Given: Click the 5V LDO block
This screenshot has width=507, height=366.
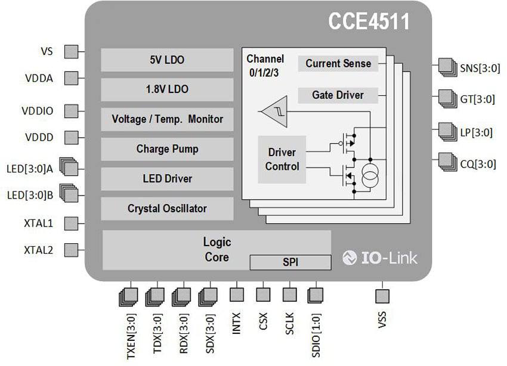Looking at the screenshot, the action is coord(167,60).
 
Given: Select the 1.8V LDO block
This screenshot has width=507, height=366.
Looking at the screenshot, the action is coord(167,89).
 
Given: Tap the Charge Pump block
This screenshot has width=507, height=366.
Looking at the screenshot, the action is coord(167,149).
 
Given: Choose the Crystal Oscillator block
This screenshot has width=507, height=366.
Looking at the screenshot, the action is coord(167,209).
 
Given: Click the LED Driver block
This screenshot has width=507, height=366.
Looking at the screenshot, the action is coord(167,179).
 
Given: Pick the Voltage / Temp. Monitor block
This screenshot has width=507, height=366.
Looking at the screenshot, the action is coord(167,119).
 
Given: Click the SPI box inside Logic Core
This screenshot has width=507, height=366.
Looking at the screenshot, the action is coord(290,262).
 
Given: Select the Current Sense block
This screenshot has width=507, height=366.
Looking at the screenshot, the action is coord(338,64).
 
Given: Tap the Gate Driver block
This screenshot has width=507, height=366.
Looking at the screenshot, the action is coord(338,95).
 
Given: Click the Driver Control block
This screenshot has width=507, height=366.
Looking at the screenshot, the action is coord(282,160).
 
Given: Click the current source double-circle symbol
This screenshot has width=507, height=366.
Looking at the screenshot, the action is coord(370,176).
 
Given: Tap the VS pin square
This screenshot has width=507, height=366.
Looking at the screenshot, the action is coord(71,52).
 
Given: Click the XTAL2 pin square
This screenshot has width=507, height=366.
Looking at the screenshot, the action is coord(71,250).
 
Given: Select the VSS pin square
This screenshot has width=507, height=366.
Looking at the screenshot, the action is coord(382,296).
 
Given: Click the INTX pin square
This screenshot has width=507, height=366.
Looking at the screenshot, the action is coord(237,294).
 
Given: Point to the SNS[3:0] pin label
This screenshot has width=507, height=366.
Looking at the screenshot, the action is coord(480,69).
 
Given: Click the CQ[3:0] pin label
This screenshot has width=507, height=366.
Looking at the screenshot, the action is coord(478,165).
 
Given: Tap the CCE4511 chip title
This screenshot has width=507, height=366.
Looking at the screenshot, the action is coord(369,21).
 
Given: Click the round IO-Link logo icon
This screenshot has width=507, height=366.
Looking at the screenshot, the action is coord(350,258).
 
